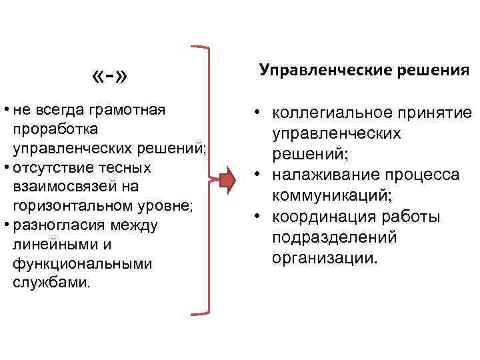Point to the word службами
tap(49, 283)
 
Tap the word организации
tap(325, 257)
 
